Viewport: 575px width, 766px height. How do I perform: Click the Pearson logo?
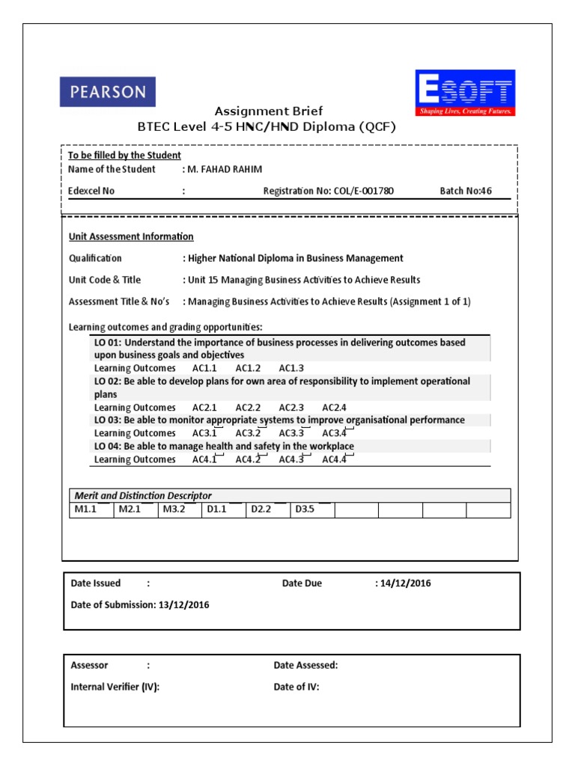[108, 92]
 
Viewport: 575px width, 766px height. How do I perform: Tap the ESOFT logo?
[465, 93]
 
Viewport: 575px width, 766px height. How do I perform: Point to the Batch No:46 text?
[466, 191]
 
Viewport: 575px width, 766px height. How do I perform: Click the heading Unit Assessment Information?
[131, 236]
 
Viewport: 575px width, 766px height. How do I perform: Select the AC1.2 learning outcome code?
[248, 368]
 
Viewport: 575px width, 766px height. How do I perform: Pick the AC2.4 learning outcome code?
[335, 408]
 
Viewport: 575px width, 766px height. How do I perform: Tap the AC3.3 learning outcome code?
[291, 433]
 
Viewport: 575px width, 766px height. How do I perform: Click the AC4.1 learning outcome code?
[204, 459]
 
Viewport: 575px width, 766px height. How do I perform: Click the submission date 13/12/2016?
[184, 605]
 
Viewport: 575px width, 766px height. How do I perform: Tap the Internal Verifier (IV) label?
[115, 687]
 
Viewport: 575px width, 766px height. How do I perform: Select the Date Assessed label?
[305, 665]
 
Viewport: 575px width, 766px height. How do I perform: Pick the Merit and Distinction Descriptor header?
[143, 495]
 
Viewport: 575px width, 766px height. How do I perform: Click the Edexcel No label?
[91, 191]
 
